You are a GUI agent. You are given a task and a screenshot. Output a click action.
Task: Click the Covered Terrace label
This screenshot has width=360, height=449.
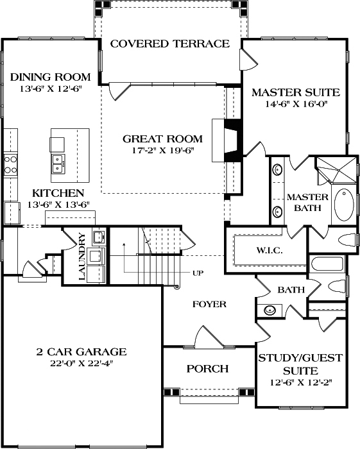pos(169,44)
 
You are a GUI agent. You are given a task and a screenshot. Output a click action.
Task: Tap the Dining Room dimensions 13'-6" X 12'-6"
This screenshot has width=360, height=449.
pos(49,90)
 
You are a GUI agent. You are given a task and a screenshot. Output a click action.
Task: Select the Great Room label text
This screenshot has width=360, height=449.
pos(162,139)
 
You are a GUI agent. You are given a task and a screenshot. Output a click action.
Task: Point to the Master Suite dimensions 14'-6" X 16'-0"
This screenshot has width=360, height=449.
pos(296,105)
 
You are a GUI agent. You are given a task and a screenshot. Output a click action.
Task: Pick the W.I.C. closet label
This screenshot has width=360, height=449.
pos(270,250)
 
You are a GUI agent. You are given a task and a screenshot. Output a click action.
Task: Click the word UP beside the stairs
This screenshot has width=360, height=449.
pos(198,273)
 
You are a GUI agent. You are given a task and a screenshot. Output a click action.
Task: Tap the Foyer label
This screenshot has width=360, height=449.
pos(209,304)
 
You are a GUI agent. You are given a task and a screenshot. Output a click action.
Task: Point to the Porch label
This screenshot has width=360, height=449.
pos(207,369)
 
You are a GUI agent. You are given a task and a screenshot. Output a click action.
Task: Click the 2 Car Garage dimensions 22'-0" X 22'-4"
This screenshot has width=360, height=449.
pos(81,363)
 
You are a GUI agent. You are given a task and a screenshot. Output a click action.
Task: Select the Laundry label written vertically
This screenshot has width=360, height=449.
pos(81,257)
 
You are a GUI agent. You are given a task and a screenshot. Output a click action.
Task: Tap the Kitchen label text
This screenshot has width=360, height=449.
pos(58,193)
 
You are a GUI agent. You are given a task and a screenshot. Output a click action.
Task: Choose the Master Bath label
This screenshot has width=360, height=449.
pos(307,202)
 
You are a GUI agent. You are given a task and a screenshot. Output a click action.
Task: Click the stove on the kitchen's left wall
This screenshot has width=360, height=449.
pos(10,164)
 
